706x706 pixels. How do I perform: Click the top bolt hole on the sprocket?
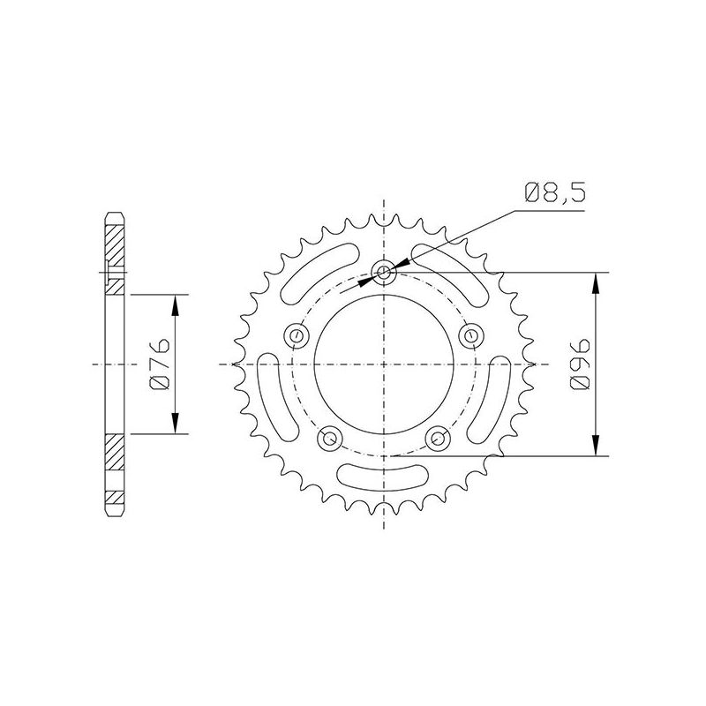(385, 271)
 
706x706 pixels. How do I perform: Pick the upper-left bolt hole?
(297, 334)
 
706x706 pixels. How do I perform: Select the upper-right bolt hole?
(471, 334)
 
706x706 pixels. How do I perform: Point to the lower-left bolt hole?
(331, 437)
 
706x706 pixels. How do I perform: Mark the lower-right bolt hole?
(439, 437)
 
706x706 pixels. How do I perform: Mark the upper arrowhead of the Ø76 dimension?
(176, 304)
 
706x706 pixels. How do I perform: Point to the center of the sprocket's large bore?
(385, 364)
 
